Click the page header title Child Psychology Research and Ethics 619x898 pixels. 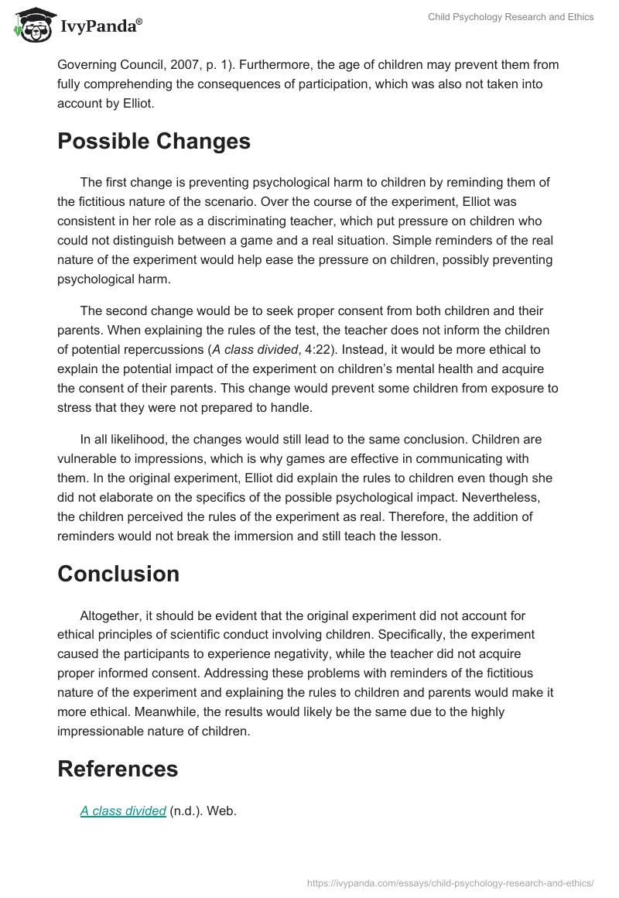(x=511, y=17)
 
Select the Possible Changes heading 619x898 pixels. (x=153, y=142)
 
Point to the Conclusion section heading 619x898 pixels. (x=118, y=574)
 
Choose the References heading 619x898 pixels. (x=117, y=769)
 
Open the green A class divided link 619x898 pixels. (x=123, y=811)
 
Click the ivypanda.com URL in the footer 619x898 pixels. (x=450, y=883)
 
